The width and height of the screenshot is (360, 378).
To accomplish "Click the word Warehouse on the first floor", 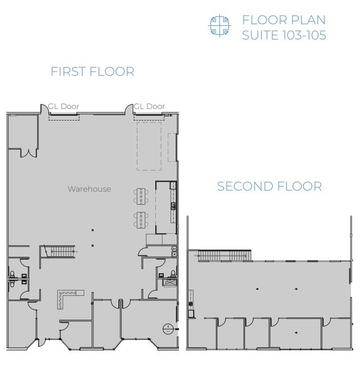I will coord(89,189).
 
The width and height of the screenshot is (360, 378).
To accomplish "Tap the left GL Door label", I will coord(64,106).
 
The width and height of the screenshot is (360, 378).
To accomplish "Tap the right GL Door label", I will coord(149,106).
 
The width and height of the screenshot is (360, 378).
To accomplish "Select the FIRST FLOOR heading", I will coord(92,72).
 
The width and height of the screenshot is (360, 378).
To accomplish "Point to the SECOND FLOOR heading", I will coord(269,187).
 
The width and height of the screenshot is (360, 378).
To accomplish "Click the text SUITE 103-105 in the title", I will coord(283,35).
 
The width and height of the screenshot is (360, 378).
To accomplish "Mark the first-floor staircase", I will coord(59,251).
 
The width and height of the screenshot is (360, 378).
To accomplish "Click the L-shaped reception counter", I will coord(68,297).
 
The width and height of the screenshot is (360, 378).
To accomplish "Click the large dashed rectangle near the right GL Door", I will coord(149,146).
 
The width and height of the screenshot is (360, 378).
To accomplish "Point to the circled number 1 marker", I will coord(167,329).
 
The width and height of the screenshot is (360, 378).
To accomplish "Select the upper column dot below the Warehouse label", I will coord(93,230).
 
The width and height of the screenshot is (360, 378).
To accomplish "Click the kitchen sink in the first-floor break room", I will coord(173,205).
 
